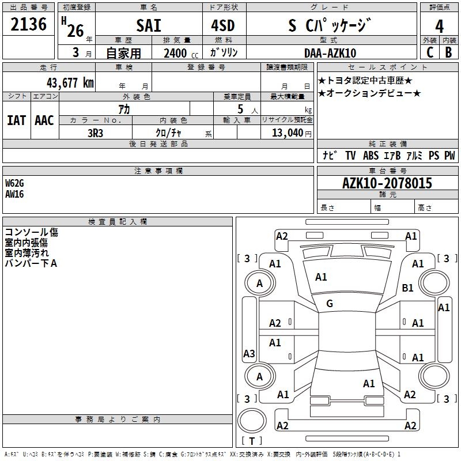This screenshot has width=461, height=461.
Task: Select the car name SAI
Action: tap(149, 25)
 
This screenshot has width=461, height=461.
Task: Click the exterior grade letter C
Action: tap(429, 52)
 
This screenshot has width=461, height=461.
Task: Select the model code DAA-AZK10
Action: tap(330, 53)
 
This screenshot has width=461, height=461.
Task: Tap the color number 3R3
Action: tap(96, 133)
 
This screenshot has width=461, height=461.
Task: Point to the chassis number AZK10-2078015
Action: tap(387, 184)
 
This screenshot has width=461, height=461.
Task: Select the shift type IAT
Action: tap(16, 120)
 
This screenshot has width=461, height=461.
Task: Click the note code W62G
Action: tap(15, 183)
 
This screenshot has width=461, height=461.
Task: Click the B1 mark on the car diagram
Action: tap(408, 288)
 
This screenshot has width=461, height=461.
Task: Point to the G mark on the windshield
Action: tap(330, 304)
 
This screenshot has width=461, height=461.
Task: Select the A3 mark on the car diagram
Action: tap(249, 354)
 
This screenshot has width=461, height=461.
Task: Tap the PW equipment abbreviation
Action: tap(449, 156)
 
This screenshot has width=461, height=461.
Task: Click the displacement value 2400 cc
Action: tap(179, 54)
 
